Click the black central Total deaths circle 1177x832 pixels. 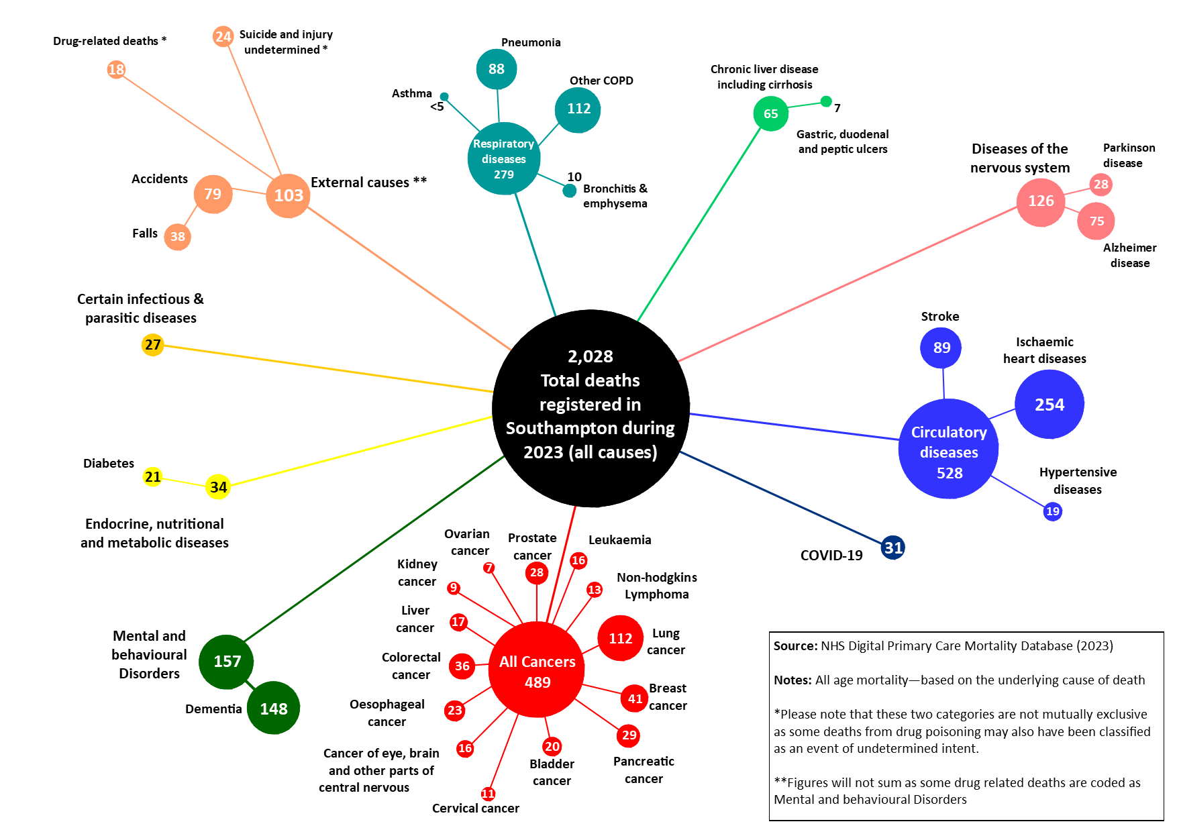[591, 408]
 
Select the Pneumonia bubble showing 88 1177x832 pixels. [497, 69]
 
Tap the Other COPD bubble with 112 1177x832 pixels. [578, 110]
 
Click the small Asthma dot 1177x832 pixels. [444, 97]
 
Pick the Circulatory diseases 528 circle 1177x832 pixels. [949, 449]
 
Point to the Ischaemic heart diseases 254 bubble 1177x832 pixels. [1050, 405]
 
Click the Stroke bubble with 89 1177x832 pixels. [941, 348]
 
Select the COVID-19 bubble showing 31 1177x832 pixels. [893, 548]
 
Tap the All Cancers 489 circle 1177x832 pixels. [537, 670]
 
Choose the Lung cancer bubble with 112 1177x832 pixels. [621, 638]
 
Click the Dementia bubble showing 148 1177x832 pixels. [273, 708]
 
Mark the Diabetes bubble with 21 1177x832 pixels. [153, 477]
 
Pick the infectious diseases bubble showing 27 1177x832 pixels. [153, 345]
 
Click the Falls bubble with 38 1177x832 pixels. [178, 237]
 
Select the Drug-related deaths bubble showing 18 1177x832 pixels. [116, 69]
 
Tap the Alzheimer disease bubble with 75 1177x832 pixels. [1096, 221]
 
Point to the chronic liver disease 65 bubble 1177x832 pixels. [771, 113]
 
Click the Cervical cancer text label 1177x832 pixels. [476, 809]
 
